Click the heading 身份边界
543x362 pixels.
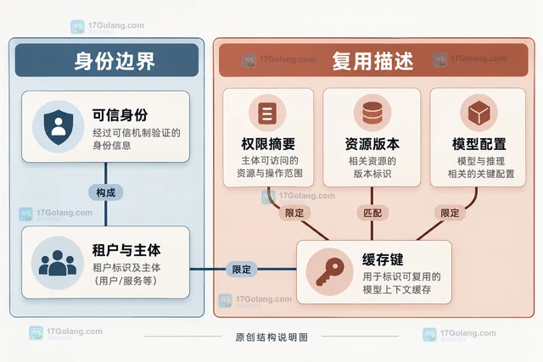115,61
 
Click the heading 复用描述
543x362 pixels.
372,61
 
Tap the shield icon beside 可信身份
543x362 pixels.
59,127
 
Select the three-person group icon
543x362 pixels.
58,263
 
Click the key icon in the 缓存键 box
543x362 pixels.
329,271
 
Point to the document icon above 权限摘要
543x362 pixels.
267,113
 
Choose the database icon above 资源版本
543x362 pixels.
372,113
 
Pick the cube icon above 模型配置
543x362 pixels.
479,113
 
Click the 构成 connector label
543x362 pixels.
105,192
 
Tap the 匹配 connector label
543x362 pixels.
372,213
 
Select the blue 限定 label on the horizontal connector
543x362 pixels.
241,270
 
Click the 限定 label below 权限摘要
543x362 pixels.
294,213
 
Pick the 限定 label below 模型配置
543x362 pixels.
450,213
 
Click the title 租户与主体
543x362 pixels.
126,250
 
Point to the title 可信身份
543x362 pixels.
120,115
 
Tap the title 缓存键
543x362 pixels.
383,259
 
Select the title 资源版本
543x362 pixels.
372,143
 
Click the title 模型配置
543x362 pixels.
479,143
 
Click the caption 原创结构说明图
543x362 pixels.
271,337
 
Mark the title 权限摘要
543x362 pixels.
268,143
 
